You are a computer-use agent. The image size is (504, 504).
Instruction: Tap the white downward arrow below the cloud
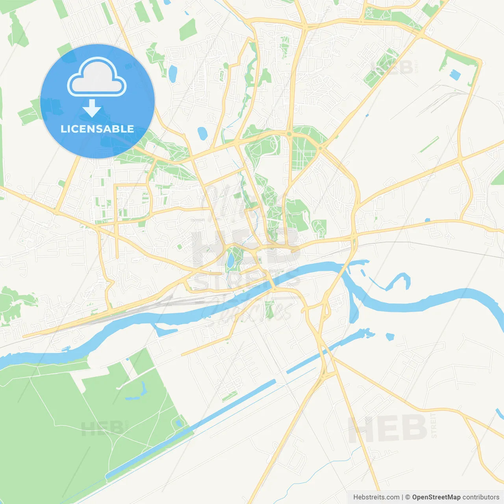coord(92,108)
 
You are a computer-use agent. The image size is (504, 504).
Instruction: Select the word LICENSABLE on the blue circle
coord(97,129)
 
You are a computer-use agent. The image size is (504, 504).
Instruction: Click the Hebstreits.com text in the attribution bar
coord(376,497)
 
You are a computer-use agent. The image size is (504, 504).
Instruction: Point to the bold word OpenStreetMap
coord(436,497)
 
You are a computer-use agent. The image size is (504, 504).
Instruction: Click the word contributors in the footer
coord(481,497)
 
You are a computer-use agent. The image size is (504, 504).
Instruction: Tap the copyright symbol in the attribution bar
coord(408,497)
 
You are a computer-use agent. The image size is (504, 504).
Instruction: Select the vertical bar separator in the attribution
coord(402,497)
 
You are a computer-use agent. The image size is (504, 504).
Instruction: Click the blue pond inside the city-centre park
coord(230,260)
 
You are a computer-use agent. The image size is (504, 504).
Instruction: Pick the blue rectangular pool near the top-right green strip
coord(455,75)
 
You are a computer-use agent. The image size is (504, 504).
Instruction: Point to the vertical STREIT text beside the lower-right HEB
coord(434,425)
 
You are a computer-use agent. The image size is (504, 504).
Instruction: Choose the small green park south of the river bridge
coord(269,309)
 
